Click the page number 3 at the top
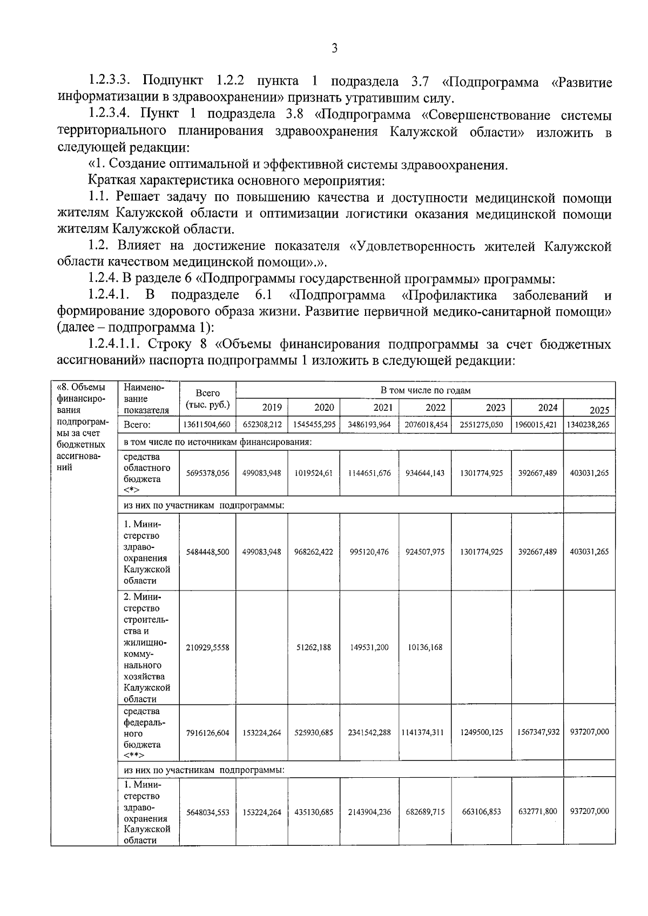pos(334,49)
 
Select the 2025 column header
pos(599,410)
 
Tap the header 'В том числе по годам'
pos(426,390)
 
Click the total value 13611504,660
pos(207,425)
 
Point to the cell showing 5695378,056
pos(207,473)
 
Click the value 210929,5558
pos(207,647)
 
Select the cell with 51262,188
pos(314,647)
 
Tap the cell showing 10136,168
pos(425,647)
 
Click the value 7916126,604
pos(207,732)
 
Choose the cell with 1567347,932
pos(536,732)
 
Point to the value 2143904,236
pos(369,812)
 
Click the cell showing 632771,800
pos(537,811)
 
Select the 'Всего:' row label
pos(137,425)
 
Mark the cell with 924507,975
pos(425,552)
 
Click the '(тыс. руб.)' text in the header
pos(207,405)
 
